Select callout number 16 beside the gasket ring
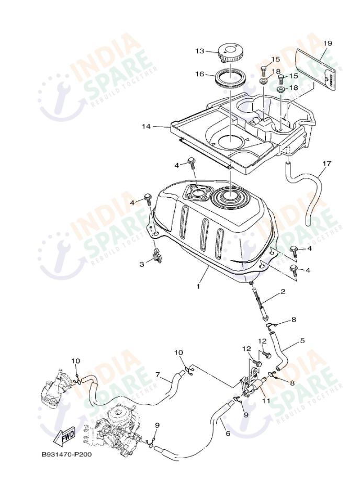(200, 74)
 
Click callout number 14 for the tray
(146, 126)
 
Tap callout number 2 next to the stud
(282, 291)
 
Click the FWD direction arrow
(64, 435)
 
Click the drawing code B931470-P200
(66, 454)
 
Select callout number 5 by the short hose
(302, 341)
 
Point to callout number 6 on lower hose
(228, 434)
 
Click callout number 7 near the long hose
(157, 375)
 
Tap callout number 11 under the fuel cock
(266, 401)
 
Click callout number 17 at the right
(327, 164)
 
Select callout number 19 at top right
(328, 42)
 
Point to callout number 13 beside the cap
(200, 51)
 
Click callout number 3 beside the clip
(142, 264)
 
